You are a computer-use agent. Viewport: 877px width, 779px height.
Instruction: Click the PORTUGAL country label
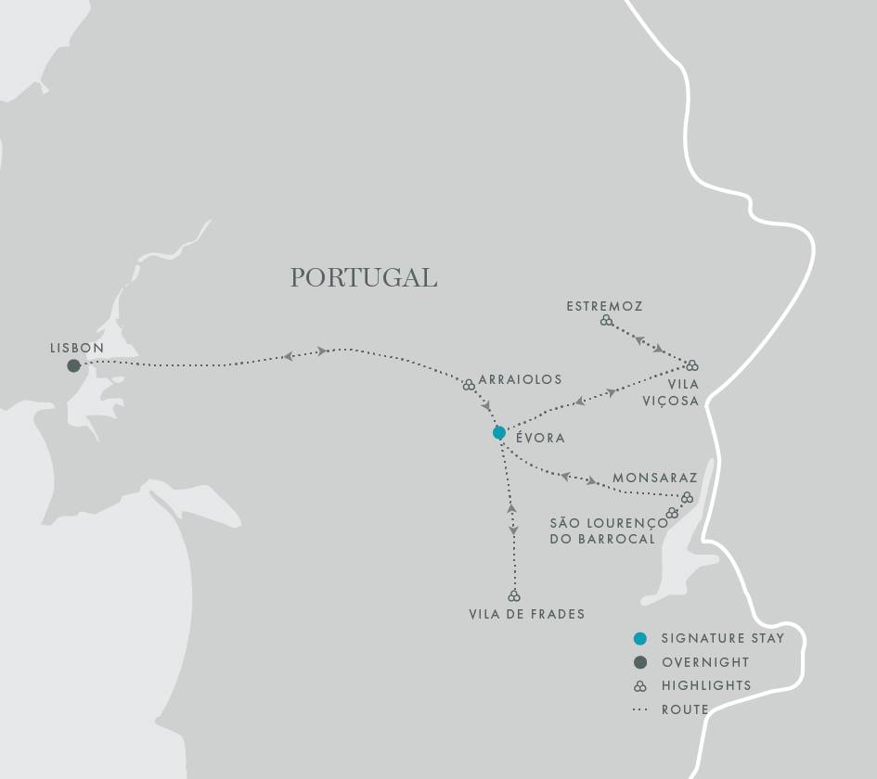363,277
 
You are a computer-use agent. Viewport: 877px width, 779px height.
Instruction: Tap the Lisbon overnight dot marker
73,365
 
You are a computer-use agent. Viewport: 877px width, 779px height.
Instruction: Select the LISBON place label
77,348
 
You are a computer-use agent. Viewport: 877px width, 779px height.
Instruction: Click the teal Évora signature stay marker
499,432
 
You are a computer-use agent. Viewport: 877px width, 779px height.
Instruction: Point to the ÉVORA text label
540,438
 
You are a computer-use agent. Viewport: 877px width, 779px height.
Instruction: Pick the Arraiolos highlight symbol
469,384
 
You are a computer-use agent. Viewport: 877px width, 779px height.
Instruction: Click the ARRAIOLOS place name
521,380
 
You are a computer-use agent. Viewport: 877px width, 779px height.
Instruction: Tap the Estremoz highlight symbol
606,320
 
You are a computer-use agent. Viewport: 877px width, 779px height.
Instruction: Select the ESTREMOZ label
604,306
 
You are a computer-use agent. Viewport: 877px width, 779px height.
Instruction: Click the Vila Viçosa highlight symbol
691,365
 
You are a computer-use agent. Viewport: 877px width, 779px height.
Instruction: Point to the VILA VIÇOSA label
683,392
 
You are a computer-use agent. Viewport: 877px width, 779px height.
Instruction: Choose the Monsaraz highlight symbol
687,498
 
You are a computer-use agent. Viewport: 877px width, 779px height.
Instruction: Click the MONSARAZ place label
654,479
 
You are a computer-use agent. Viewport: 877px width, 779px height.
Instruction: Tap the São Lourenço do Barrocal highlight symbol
672,513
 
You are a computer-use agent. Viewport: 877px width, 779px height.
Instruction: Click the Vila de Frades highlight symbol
514,595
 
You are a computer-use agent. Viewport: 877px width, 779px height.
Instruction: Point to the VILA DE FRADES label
527,614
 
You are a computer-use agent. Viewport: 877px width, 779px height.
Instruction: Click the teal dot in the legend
639,638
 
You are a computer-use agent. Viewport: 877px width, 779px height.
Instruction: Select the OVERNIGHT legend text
705,662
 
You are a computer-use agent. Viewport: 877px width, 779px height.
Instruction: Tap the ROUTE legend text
685,709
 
